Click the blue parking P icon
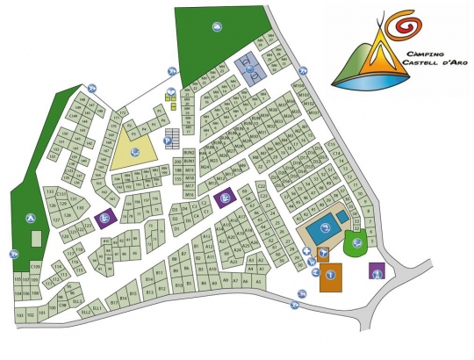169,140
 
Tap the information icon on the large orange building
330,275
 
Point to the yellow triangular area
132,150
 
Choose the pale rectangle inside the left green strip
36,238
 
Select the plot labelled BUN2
189,154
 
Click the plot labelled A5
259,281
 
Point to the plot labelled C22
262,186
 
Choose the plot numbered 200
177,162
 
